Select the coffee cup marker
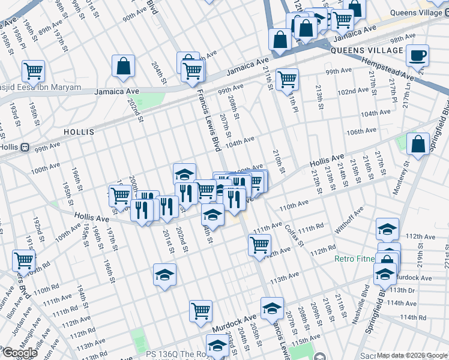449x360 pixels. [417, 56]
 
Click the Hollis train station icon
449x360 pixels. [25, 146]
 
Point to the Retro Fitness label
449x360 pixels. [354, 260]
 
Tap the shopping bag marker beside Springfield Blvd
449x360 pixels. [418, 143]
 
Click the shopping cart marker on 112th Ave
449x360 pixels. [259, 244]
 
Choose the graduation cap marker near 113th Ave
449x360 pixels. [164, 274]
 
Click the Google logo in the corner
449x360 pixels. [20, 353]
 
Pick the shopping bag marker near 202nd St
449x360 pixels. [123, 67]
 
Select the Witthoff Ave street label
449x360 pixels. [349, 220]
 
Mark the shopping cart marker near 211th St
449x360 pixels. [288, 79]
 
